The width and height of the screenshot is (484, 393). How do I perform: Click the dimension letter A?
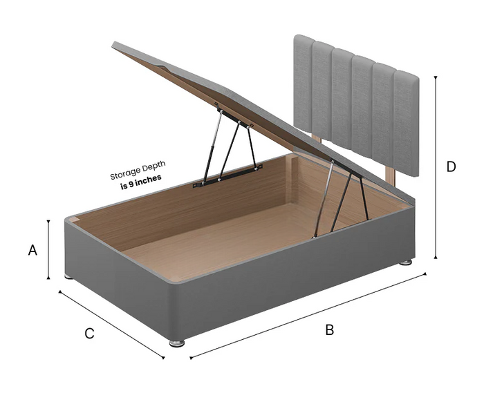coord(32,250)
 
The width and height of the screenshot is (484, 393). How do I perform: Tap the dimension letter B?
coord(330,330)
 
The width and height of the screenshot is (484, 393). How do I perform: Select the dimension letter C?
coord(89,334)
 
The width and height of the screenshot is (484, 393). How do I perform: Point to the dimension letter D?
coord(451,166)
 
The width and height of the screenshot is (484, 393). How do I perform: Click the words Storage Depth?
coord(138,170)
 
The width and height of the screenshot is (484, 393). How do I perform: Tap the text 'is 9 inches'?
coord(141,182)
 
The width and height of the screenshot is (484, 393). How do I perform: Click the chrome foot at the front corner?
coord(177,343)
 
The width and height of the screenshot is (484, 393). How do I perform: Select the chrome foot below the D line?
coord(406,262)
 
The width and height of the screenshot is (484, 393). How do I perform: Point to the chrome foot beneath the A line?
coord(69,277)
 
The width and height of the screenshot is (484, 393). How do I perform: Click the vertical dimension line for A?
coord(48,249)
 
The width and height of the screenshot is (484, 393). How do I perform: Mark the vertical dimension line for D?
coord(436,167)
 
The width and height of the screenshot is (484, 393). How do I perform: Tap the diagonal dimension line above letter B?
coord(308,316)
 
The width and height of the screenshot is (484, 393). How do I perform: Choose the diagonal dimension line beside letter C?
coord(111,325)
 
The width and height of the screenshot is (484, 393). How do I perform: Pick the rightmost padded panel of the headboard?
coord(407,124)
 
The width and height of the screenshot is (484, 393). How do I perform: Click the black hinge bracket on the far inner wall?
coord(227,176)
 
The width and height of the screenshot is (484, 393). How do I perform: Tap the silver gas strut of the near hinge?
coord(323,199)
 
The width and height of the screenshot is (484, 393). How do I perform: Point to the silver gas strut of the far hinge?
coord(212,146)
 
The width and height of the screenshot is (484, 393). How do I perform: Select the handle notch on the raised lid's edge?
coord(162,65)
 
